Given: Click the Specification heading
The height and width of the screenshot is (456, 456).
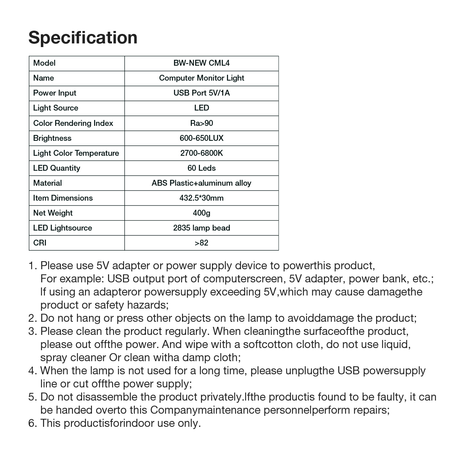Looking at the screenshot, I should click(83, 38).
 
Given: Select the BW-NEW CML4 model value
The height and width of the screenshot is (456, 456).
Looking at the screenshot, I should click(201, 63).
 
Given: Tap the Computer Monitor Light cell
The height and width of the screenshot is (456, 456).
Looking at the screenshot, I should click(201, 78).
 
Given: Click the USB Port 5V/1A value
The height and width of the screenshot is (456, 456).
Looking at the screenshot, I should click(201, 93).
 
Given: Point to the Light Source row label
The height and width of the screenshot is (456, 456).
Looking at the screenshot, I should click(55, 108).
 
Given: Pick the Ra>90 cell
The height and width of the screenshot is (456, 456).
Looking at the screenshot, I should click(201, 123).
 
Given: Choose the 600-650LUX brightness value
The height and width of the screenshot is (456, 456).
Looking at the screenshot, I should click(201, 138).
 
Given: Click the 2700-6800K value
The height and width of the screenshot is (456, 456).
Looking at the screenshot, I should click(201, 153).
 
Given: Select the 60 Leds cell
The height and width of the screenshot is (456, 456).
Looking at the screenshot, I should click(201, 168).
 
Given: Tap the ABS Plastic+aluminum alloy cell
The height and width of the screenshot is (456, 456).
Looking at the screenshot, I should click(201, 183).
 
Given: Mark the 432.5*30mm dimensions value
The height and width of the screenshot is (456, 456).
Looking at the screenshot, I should click(201, 198).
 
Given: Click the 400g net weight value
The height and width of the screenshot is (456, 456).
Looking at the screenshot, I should click(201, 213).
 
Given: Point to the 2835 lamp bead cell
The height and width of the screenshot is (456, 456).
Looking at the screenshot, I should click(201, 228).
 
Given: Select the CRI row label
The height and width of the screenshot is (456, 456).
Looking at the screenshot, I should click(40, 243).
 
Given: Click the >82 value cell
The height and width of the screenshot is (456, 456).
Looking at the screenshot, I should click(201, 243).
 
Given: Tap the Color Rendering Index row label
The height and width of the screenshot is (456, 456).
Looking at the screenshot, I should click(73, 123).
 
